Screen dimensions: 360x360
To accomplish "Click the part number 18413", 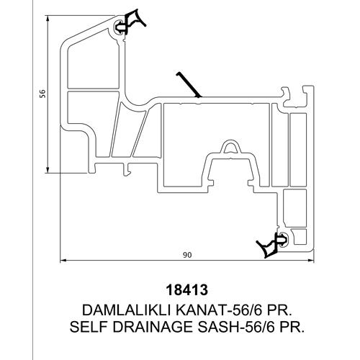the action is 187,290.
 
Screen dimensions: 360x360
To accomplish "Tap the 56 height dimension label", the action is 42,94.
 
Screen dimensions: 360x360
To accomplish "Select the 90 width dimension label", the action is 187,255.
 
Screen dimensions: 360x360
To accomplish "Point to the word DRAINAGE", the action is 153,327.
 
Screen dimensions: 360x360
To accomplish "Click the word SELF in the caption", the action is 89,327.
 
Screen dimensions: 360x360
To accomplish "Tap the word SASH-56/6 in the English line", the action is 236,327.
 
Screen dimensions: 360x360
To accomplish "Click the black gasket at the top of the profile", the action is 129,23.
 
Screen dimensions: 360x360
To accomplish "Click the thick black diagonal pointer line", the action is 189,85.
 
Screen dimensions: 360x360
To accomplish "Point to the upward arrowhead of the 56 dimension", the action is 48,18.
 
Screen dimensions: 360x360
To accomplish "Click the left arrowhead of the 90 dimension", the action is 63,260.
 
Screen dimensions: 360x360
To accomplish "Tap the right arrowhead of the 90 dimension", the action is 311,260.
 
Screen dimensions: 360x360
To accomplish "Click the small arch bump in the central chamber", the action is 230,147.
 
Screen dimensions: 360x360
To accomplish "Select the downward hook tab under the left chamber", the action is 127,170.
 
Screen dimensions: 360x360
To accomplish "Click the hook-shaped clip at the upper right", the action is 286,96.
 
